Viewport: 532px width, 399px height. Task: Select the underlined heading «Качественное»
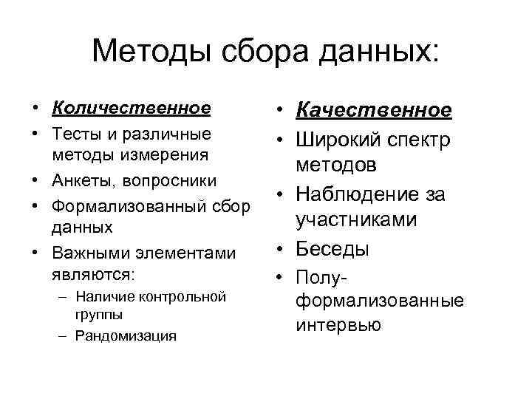(x=373, y=110)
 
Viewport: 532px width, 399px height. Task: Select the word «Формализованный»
(x=123, y=207)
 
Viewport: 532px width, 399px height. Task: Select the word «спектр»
(x=423, y=139)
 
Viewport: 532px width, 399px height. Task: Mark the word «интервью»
(x=338, y=324)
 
